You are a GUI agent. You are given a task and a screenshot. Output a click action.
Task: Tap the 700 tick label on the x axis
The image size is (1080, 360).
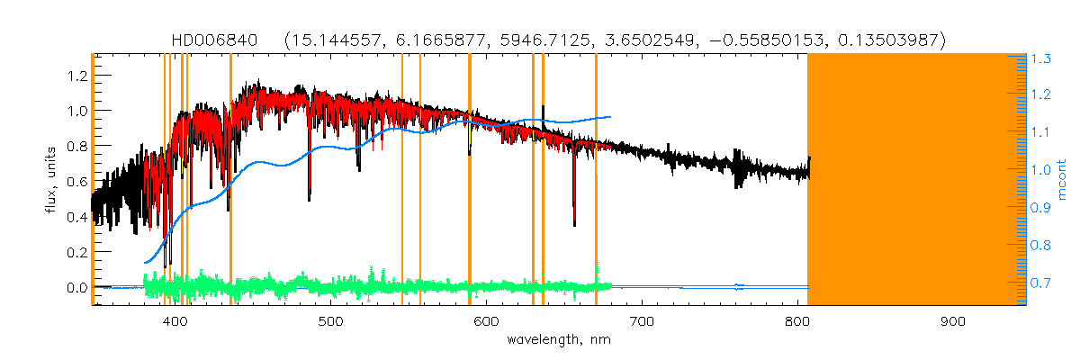click(642, 321)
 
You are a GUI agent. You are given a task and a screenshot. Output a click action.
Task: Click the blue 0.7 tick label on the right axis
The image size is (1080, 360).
click(1041, 283)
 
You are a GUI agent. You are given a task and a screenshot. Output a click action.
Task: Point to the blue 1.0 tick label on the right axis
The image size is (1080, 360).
click(1041, 170)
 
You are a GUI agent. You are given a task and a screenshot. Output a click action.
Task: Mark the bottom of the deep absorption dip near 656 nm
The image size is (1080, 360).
click(574, 225)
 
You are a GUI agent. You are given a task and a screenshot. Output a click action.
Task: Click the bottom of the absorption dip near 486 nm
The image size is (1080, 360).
click(310, 199)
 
